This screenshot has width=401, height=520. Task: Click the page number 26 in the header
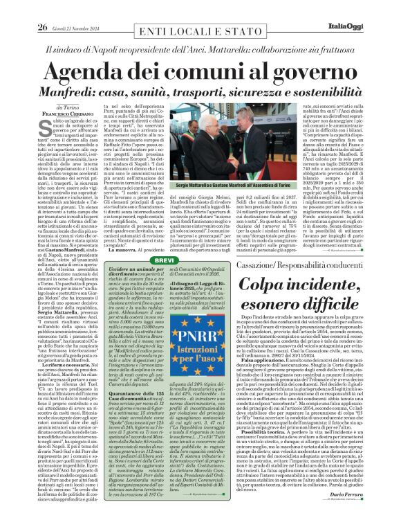24,8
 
